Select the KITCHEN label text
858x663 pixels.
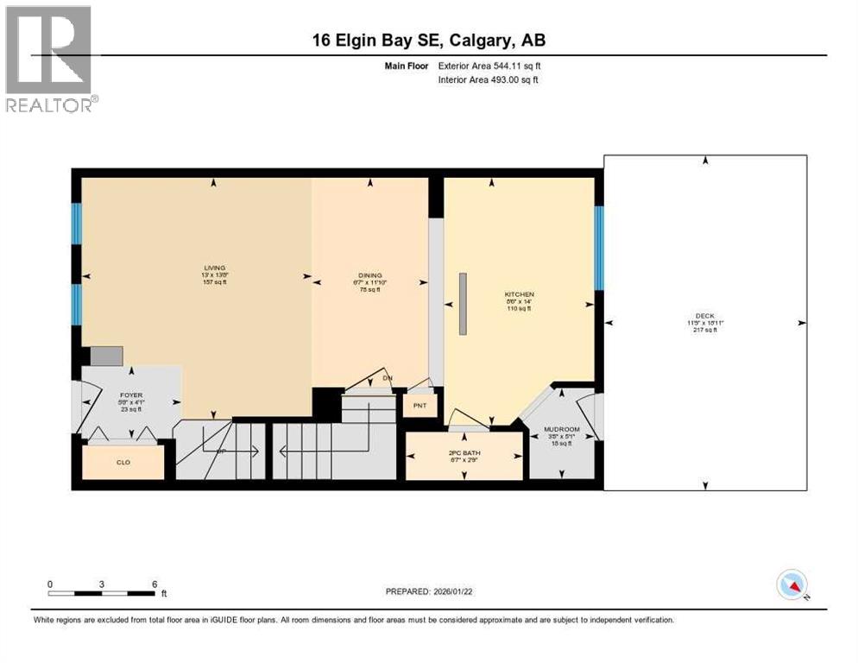click(520, 294)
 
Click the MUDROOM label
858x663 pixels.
click(561, 429)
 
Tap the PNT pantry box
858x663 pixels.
click(420, 405)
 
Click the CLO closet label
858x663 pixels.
click(123, 463)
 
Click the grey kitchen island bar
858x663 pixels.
click(463, 303)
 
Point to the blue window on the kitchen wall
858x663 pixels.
click(598, 248)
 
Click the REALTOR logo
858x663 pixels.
click(50, 59)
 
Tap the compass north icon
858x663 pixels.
click(791, 585)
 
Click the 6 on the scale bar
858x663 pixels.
click(155, 584)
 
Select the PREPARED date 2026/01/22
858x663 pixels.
click(429, 591)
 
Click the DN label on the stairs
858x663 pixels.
click(388, 378)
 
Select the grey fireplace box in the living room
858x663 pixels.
click(106, 356)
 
